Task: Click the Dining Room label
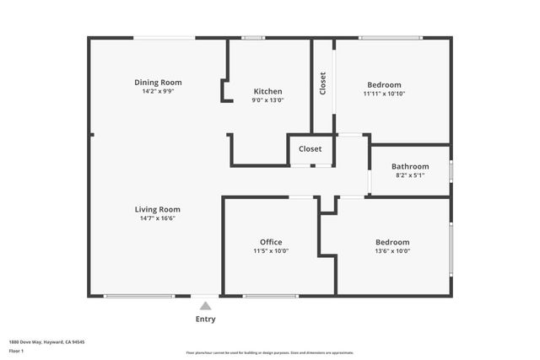click(158, 83)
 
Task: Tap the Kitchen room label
click(268, 91)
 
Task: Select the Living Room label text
click(158, 209)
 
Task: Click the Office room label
click(271, 242)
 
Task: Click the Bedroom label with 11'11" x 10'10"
click(384, 84)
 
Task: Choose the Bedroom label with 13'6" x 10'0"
click(392, 242)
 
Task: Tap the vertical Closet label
click(322, 84)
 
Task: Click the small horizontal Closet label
click(310, 149)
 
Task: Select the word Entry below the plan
click(205, 320)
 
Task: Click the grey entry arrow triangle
click(205, 306)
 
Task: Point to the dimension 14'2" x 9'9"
click(158, 92)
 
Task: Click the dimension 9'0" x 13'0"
click(268, 100)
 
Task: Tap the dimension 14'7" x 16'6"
click(158, 218)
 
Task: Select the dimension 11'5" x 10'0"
click(271, 251)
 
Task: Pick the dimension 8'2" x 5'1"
click(410, 175)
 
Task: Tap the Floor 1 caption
click(17, 350)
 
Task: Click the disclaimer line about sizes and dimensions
click(270, 352)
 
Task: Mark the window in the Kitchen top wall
click(253, 38)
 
